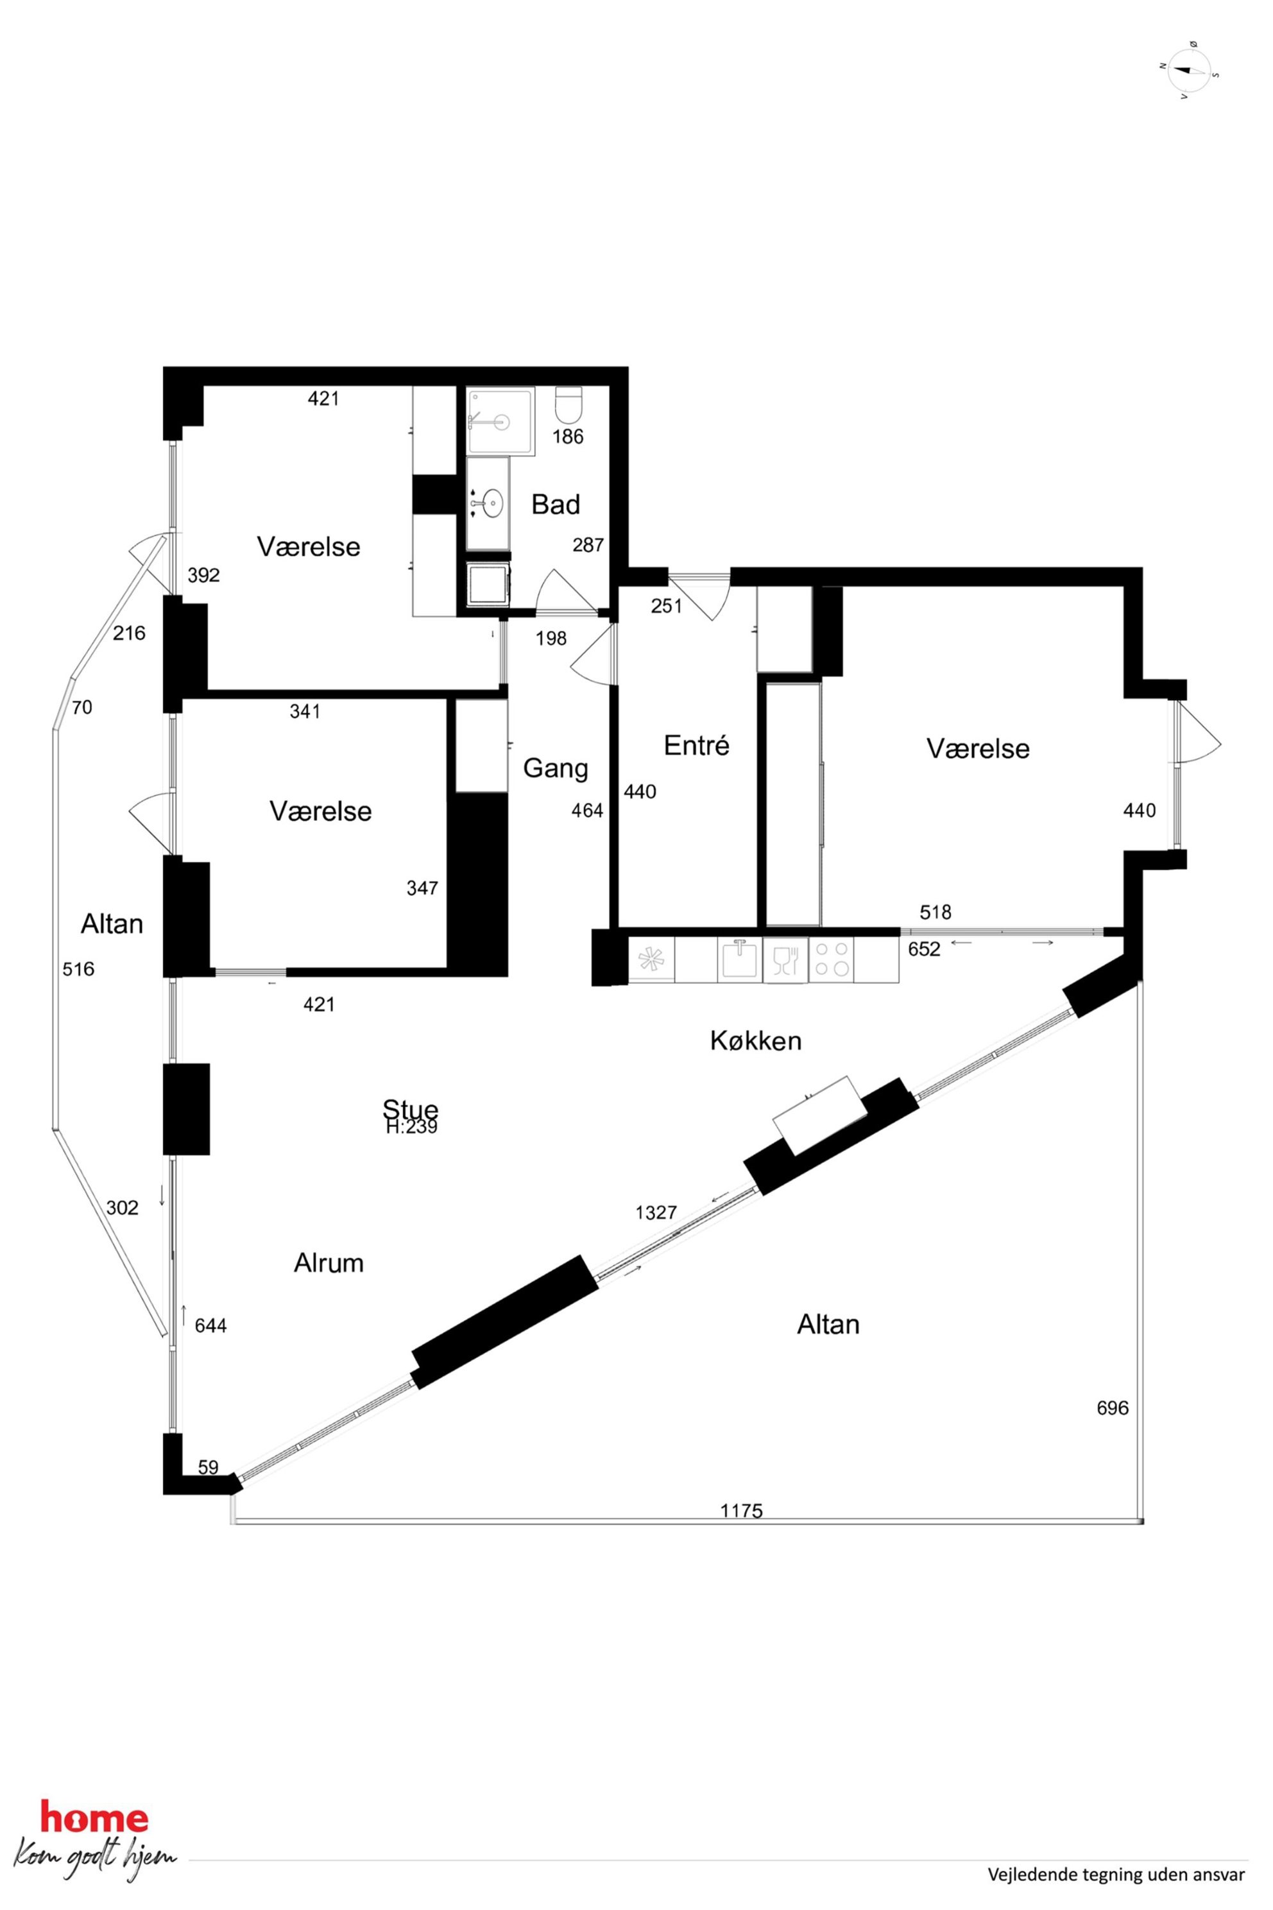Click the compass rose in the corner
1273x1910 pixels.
1190,71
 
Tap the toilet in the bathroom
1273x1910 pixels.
569,404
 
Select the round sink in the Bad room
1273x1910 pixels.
490,503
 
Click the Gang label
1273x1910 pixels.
555,768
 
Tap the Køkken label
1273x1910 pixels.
756,1040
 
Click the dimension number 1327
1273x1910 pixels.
656,1212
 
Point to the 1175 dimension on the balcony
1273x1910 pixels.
742,1510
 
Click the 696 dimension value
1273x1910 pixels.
1112,1407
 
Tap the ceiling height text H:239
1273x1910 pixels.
412,1127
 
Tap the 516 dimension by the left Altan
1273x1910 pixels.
79,969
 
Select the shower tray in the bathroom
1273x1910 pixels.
500,420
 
